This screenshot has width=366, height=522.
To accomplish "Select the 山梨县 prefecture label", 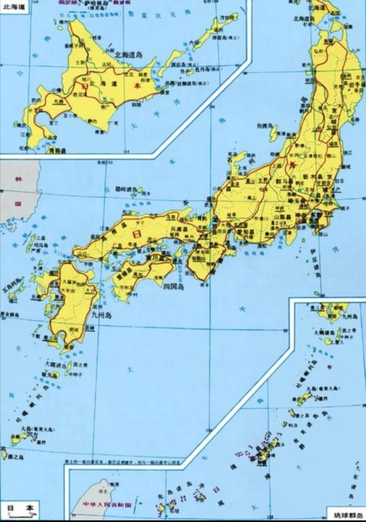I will pos(283,217).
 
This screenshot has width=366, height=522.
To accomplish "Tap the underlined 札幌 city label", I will pos(58,99).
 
